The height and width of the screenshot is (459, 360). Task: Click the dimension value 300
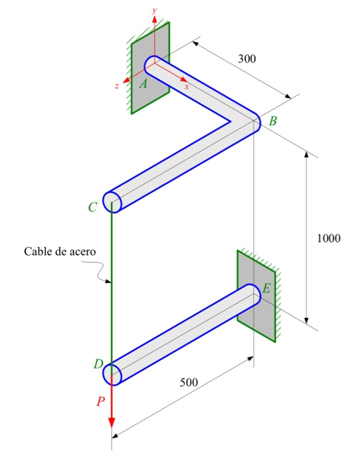click(x=247, y=59)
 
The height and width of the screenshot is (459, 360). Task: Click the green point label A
click(x=144, y=84)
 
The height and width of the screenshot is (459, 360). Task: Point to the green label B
click(x=273, y=121)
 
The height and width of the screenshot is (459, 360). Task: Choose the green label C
click(x=92, y=208)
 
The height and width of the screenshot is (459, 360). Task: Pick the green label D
click(x=98, y=364)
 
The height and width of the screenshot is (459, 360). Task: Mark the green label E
click(x=266, y=289)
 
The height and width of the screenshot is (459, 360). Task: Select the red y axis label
click(x=154, y=10)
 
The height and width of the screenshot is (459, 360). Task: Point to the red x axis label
click(x=186, y=86)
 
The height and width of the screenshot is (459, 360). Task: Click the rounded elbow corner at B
click(x=252, y=122)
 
